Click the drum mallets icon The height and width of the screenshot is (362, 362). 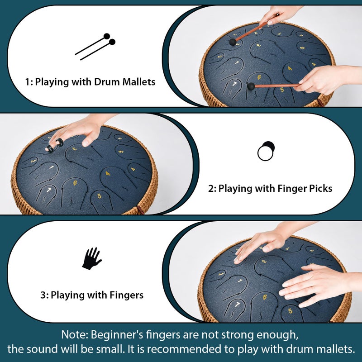click(95, 47)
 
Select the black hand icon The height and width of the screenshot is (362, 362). click(92, 258)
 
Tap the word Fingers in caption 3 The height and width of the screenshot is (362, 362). click(126, 295)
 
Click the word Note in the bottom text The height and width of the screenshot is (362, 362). click(74, 334)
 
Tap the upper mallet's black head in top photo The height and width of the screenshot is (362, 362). click(233, 42)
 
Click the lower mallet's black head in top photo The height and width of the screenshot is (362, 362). click(251, 86)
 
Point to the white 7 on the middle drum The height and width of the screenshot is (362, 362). click(49, 190)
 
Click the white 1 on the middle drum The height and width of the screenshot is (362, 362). click(51, 167)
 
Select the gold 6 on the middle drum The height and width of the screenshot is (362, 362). click(75, 183)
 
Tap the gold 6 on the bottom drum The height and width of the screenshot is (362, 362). click(265, 297)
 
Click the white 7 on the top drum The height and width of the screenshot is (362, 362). click(234, 84)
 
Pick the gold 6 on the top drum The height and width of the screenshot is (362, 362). click(259, 77)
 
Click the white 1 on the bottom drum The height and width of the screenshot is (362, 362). click(240, 281)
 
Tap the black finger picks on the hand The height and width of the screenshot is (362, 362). click(54, 145)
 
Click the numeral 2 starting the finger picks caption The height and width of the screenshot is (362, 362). click(211, 189)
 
